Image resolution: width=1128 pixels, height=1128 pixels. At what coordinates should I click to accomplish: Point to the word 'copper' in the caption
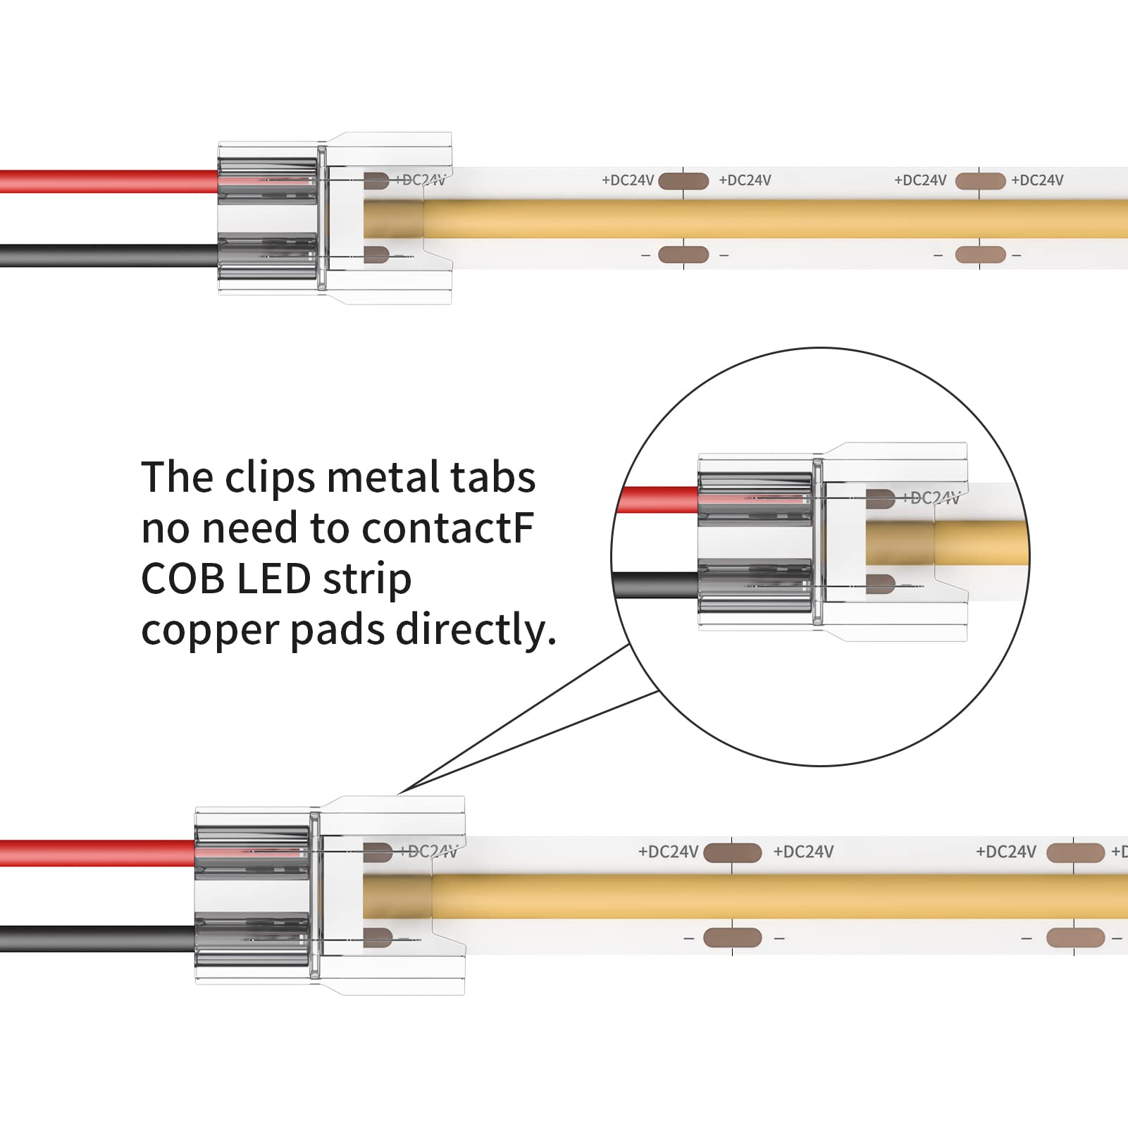210,631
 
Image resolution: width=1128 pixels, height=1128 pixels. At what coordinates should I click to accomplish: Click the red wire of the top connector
106,181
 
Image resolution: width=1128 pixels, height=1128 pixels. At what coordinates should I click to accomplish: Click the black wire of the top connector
106,255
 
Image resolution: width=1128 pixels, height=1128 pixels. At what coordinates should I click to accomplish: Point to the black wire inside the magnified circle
655,585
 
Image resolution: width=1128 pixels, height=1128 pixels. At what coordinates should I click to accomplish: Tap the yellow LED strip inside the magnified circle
979,543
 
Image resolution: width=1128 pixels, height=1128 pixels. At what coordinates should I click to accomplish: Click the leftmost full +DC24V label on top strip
628,180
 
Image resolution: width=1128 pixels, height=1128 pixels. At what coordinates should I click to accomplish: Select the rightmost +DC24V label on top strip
1037,180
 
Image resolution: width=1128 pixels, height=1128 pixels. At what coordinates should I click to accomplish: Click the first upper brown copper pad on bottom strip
732,853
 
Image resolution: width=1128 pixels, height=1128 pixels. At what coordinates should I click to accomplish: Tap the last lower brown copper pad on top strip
980,254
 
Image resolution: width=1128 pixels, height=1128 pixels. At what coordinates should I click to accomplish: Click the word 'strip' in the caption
366,581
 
